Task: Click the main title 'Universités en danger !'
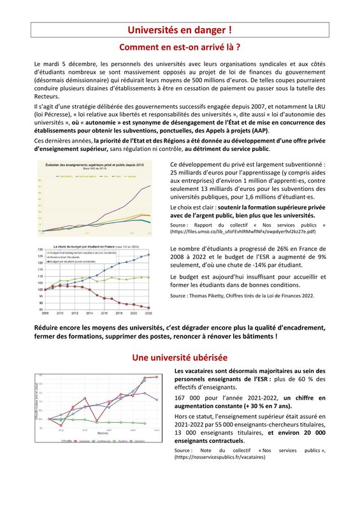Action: point(180,29)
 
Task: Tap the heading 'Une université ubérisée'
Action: point(180,358)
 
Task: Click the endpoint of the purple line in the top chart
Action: point(150,185)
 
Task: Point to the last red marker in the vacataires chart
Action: point(157,377)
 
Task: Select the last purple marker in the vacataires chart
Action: point(157,399)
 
